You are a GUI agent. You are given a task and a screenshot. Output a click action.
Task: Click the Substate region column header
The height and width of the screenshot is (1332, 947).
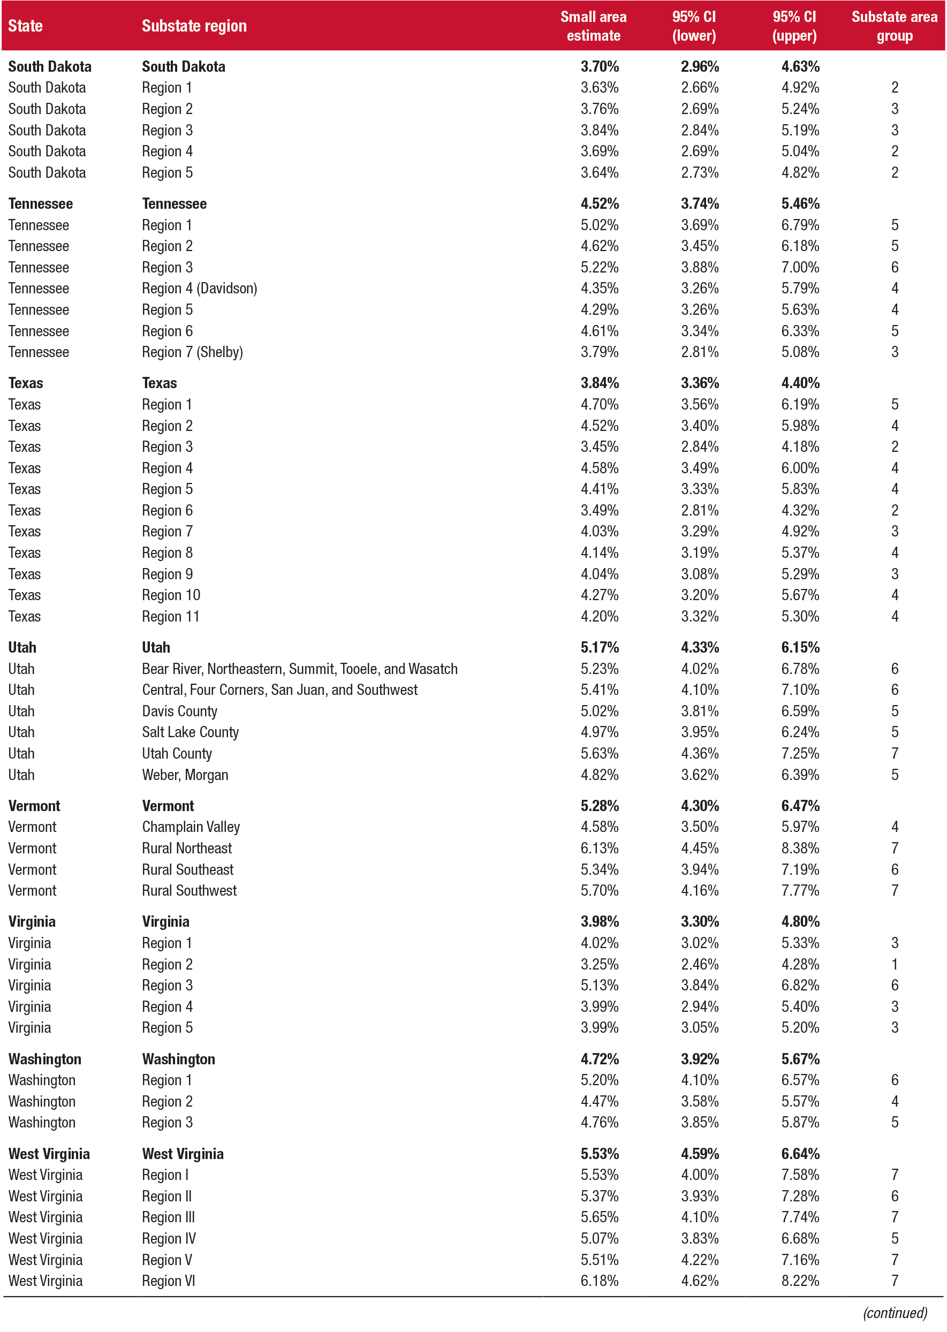coord(194,26)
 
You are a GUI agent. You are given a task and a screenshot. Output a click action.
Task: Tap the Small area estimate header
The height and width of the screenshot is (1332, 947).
coord(593,26)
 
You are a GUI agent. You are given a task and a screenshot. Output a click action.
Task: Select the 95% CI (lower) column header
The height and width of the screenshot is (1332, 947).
coord(693,26)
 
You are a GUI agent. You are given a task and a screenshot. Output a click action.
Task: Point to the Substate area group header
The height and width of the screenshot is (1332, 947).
coord(894,26)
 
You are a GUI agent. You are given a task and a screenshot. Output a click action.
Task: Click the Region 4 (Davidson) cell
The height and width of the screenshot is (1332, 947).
coord(200,289)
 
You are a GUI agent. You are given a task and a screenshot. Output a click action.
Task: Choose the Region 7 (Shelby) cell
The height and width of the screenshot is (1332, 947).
coord(192,352)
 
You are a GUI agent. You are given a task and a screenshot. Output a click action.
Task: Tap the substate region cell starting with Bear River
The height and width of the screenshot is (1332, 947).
coord(300,669)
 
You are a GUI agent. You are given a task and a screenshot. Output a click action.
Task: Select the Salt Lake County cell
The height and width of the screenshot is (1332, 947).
coord(190,732)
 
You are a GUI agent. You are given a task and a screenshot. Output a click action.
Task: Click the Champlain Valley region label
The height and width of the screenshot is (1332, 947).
coord(191,827)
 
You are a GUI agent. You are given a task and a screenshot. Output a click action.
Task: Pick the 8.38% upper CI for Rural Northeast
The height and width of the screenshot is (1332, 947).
coord(800,849)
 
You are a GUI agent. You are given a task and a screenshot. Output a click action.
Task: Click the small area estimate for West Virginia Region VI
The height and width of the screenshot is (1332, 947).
coord(600,1281)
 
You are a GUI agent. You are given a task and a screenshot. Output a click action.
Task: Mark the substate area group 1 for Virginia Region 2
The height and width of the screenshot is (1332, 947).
coord(895,965)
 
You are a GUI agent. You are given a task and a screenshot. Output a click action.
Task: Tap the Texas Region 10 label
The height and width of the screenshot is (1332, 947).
coord(171,595)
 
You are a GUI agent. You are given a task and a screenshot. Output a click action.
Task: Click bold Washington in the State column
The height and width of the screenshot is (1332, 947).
coord(45,1059)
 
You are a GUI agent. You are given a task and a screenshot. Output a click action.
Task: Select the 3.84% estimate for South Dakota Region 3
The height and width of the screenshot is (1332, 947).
coord(600,131)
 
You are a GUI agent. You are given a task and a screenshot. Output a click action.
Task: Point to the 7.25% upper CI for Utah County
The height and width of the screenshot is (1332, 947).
coord(800,754)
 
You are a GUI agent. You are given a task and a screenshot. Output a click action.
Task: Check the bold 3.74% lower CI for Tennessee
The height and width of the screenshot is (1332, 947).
coord(700,204)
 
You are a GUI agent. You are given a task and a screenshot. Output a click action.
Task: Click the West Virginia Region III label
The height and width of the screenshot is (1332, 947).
coord(169,1217)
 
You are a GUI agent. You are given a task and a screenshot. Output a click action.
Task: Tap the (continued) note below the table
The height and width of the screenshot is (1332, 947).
coord(895,1313)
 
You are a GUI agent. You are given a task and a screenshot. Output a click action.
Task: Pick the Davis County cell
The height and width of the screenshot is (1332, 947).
coord(180,712)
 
